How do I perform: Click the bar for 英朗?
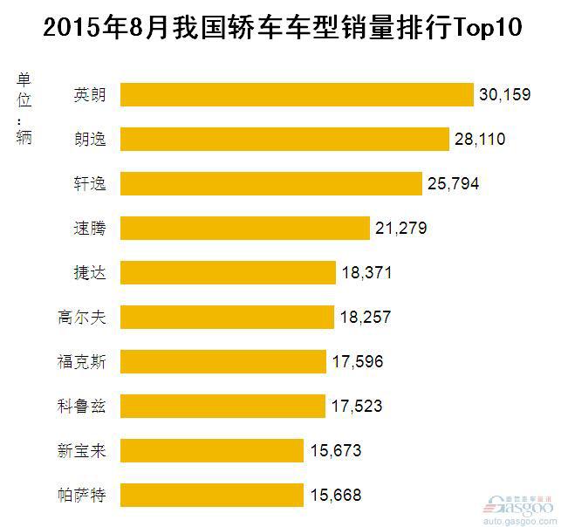[296, 94]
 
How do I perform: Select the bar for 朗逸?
[284, 139]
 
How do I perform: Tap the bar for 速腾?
[244, 229]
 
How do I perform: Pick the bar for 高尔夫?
[227, 318]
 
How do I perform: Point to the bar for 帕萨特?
[212, 496]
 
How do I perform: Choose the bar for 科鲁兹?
[222, 407]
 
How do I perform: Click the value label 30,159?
[504, 94]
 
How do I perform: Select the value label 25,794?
[454, 184]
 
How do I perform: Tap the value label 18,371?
[367, 273]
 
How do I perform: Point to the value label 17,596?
[358, 362]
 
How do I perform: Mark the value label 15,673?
[335, 451]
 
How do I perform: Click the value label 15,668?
[335, 496]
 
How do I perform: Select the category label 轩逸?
[90, 184]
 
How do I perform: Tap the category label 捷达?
[90, 273]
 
